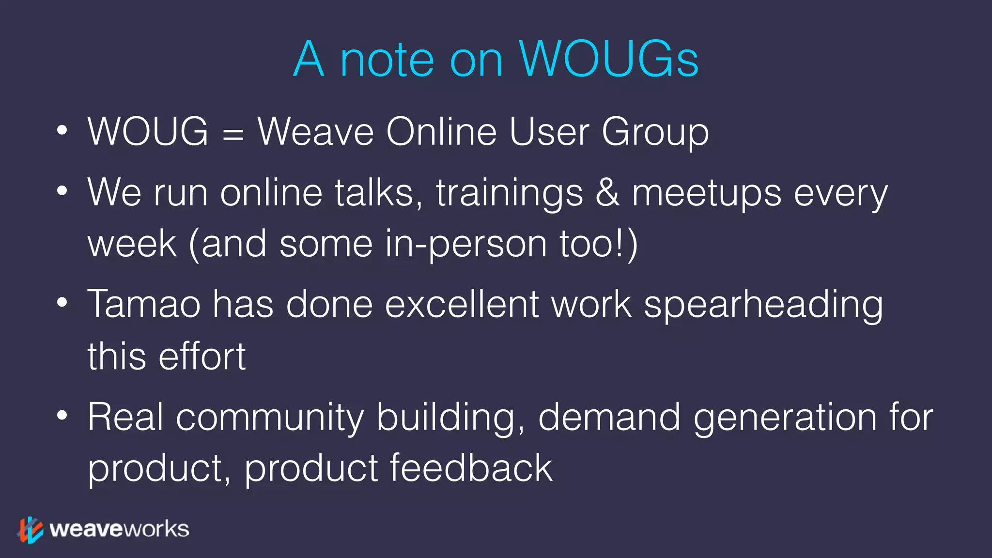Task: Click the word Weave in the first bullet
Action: (x=315, y=132)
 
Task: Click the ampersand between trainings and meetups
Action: (x=607, y=192)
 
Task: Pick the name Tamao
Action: (x=144, y=304)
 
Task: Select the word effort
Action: (x=202, y=356)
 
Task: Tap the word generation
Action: (x=785, y=418)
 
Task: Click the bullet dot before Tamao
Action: (x=62, y=303)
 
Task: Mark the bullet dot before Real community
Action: (x=62, y=416)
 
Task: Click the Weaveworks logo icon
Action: (x=31, y=529)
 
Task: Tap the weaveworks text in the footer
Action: (x=119, y=529)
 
